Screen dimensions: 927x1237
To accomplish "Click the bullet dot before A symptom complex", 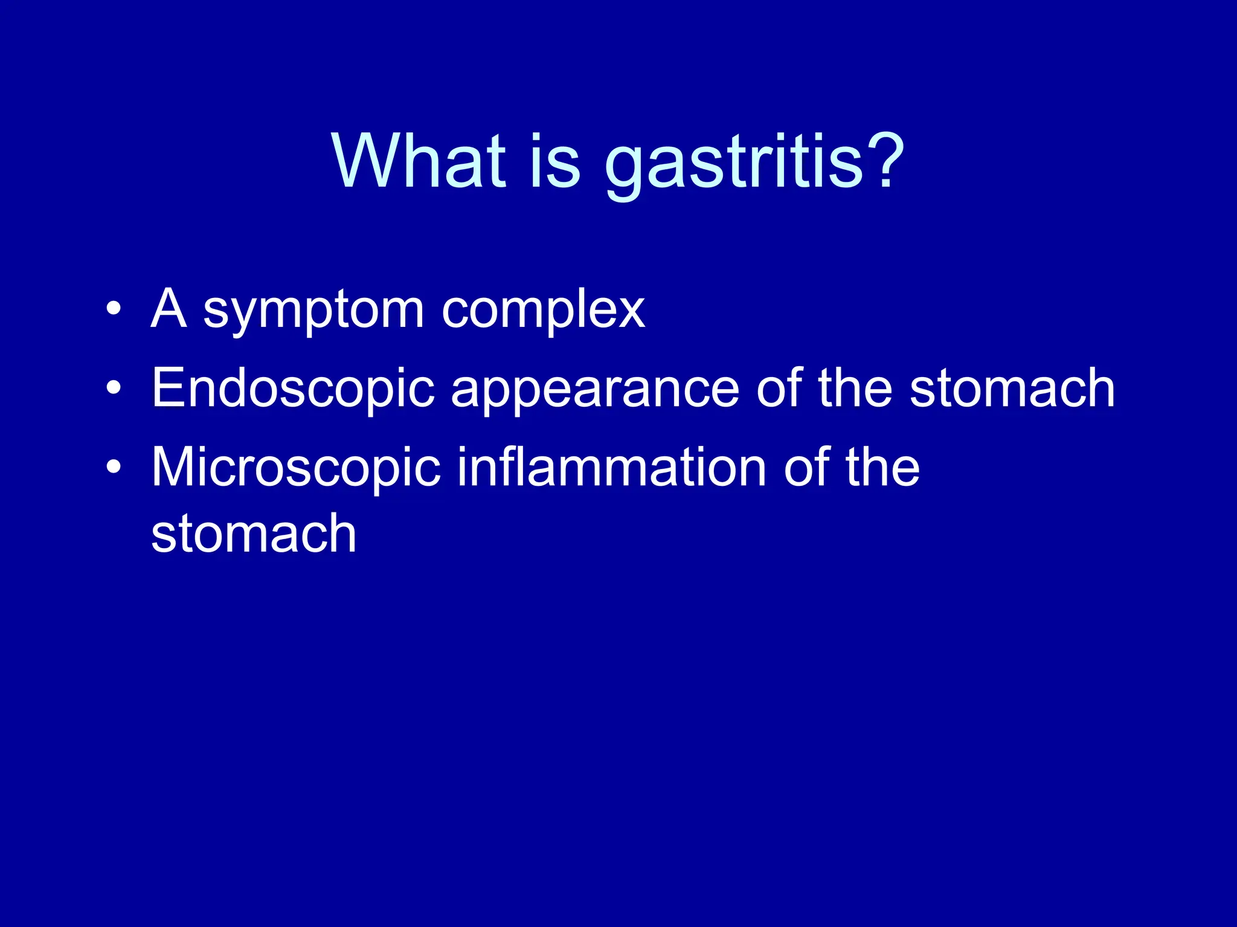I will point(113,309).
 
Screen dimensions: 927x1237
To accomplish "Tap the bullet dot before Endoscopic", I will point(113,389).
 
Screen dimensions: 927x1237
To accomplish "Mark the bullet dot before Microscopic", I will point(113,468).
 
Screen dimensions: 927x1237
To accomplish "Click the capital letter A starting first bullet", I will point(168,308).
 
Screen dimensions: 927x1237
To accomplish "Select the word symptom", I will point(313,312).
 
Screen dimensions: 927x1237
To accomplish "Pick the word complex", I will point(543,312).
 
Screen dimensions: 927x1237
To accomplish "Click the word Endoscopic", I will point(293,390).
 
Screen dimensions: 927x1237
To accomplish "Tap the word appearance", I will point(594,391).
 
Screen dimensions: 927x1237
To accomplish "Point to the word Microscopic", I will point(296,468).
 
